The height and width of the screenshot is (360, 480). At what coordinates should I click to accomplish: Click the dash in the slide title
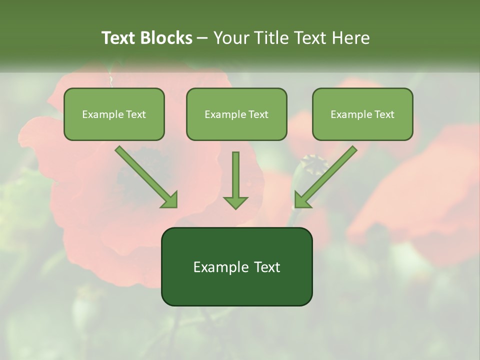click(202, 38)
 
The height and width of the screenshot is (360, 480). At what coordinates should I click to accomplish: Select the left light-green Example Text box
click(114, 114)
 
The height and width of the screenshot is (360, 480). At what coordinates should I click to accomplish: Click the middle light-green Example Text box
click(236, 114)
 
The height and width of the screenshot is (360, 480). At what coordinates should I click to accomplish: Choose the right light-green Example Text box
click(362, 114)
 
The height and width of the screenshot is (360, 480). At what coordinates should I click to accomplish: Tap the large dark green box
click(236, 266)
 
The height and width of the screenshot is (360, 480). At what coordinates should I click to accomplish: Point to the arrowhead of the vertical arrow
click(235, 202)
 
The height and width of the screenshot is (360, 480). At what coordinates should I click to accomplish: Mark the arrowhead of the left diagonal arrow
click(170, 199)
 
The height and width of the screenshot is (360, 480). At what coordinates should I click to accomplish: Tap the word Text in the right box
click(383, 114)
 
